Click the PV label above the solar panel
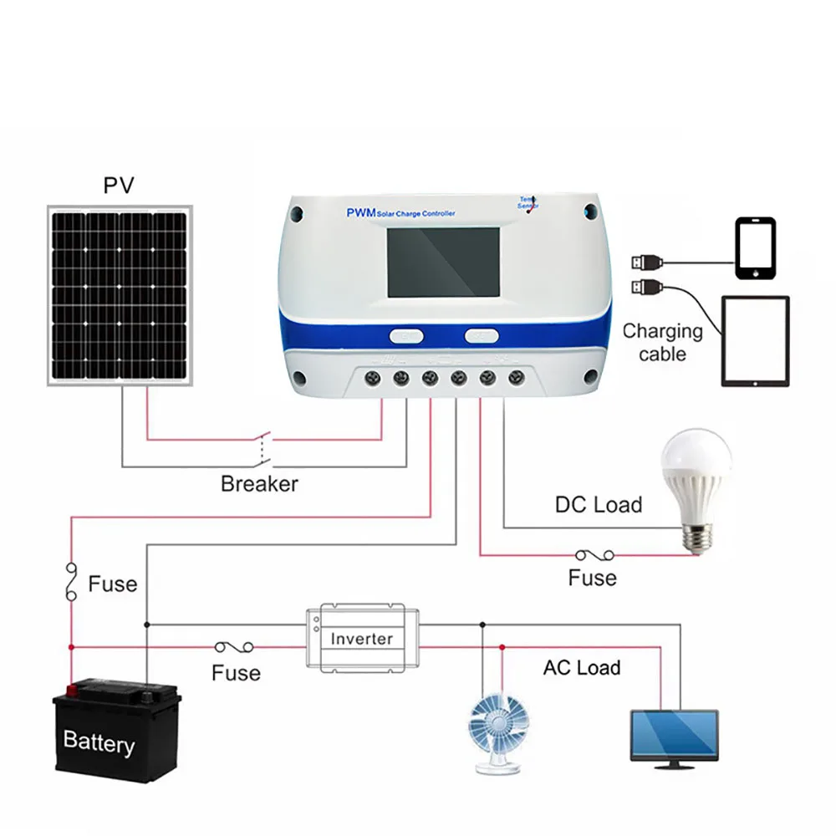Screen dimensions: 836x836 [118, 185]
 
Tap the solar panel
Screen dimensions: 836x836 [118, 298]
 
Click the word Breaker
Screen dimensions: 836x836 [259, 483]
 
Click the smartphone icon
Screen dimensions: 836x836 [756, 248]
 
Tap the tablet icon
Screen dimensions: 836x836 [755, 341]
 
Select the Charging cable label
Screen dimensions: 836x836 [663, 342]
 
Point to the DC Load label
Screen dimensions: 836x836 [599, 505]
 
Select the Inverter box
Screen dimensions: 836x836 [362, 638]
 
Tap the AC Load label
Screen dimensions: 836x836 [582, 668]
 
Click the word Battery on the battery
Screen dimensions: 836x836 [99, 742]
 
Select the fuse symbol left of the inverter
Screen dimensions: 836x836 [235, 647]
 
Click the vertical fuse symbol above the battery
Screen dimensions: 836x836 [71, 581]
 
